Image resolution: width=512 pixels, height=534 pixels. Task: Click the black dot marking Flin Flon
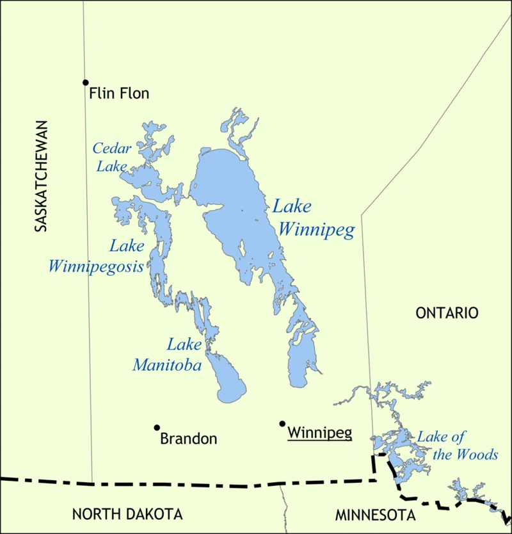85,82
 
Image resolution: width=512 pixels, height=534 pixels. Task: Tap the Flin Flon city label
119,93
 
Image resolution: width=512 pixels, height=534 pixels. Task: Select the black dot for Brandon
156,427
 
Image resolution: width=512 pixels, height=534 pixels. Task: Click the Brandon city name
188,439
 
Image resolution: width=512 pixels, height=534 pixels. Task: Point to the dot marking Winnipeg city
282,423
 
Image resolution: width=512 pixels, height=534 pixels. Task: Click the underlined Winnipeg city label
319,433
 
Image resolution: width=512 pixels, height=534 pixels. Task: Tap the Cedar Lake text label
112,158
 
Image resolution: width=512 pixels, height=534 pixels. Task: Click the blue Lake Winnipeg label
312,218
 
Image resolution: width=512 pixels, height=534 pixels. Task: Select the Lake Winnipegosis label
96,256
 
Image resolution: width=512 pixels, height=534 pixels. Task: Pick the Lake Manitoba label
168,355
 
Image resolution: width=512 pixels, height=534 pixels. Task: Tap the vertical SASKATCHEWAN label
41,175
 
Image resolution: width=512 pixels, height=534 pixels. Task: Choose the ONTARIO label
447,313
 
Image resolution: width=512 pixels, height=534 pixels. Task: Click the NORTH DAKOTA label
127,514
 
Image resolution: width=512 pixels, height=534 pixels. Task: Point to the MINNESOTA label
376,515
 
